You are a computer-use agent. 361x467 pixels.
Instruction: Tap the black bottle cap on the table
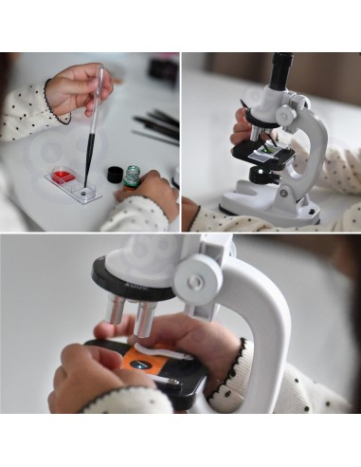pyautogui.click(x=115, y=174)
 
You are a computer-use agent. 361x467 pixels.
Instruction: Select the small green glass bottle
pyautogui.click(x=133, y=177)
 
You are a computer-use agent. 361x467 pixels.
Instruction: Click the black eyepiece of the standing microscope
pyautogui.click(x=281, y=71)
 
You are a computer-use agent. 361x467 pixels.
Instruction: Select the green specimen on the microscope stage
pyautogui.click(x=272, y=147)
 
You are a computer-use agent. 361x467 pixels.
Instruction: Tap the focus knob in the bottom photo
pyautogui.click(x=195, y=282)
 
